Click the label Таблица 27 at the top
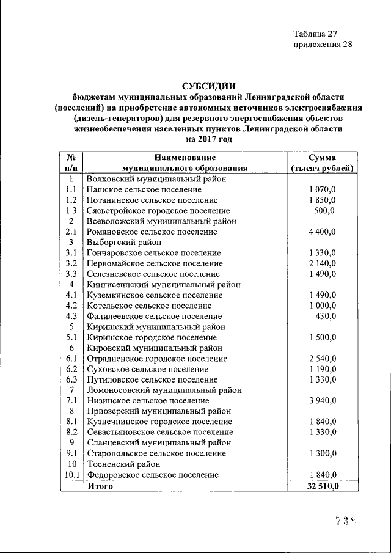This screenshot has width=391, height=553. click(315, 33)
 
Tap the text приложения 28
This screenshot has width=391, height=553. click(323, 44)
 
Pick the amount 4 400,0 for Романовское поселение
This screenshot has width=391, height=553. click(322, 232)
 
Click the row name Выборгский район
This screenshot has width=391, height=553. click(120, 243)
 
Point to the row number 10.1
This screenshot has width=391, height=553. click(71, 474)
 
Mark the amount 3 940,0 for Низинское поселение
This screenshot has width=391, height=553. click(322, 400)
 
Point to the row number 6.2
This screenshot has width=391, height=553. click(71, 369)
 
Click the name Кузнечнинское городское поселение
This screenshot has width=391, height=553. click(159, 422)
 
